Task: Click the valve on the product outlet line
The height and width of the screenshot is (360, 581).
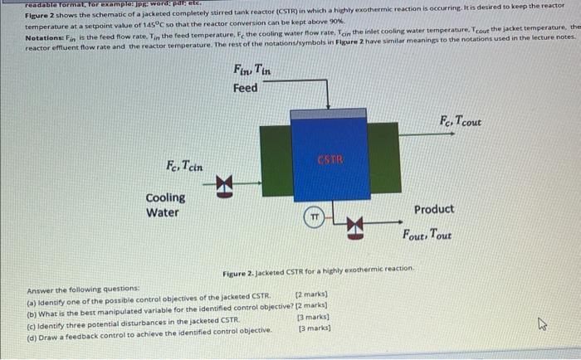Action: (355, 223)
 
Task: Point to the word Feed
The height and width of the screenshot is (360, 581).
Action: (245, 88)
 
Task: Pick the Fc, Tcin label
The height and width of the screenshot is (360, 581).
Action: (183, 165)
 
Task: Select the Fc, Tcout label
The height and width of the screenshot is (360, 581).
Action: (461, 122)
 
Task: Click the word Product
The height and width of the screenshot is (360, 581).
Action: (434, 210)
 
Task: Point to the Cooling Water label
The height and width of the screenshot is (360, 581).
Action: (165, 205)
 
